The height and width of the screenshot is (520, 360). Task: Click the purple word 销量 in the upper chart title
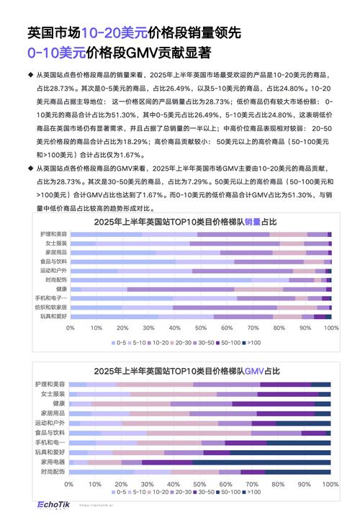point(253,222)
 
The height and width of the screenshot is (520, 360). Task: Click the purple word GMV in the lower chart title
point(255,372)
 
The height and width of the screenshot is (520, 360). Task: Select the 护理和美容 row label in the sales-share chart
point(51,234)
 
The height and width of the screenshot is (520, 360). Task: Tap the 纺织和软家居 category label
point(50,306)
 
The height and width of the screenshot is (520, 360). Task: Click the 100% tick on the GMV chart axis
point(330,485)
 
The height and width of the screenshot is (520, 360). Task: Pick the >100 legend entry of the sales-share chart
point(253,343)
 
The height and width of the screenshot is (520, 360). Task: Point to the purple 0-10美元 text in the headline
point(57,53)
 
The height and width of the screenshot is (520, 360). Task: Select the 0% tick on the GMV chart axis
point(70,485)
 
